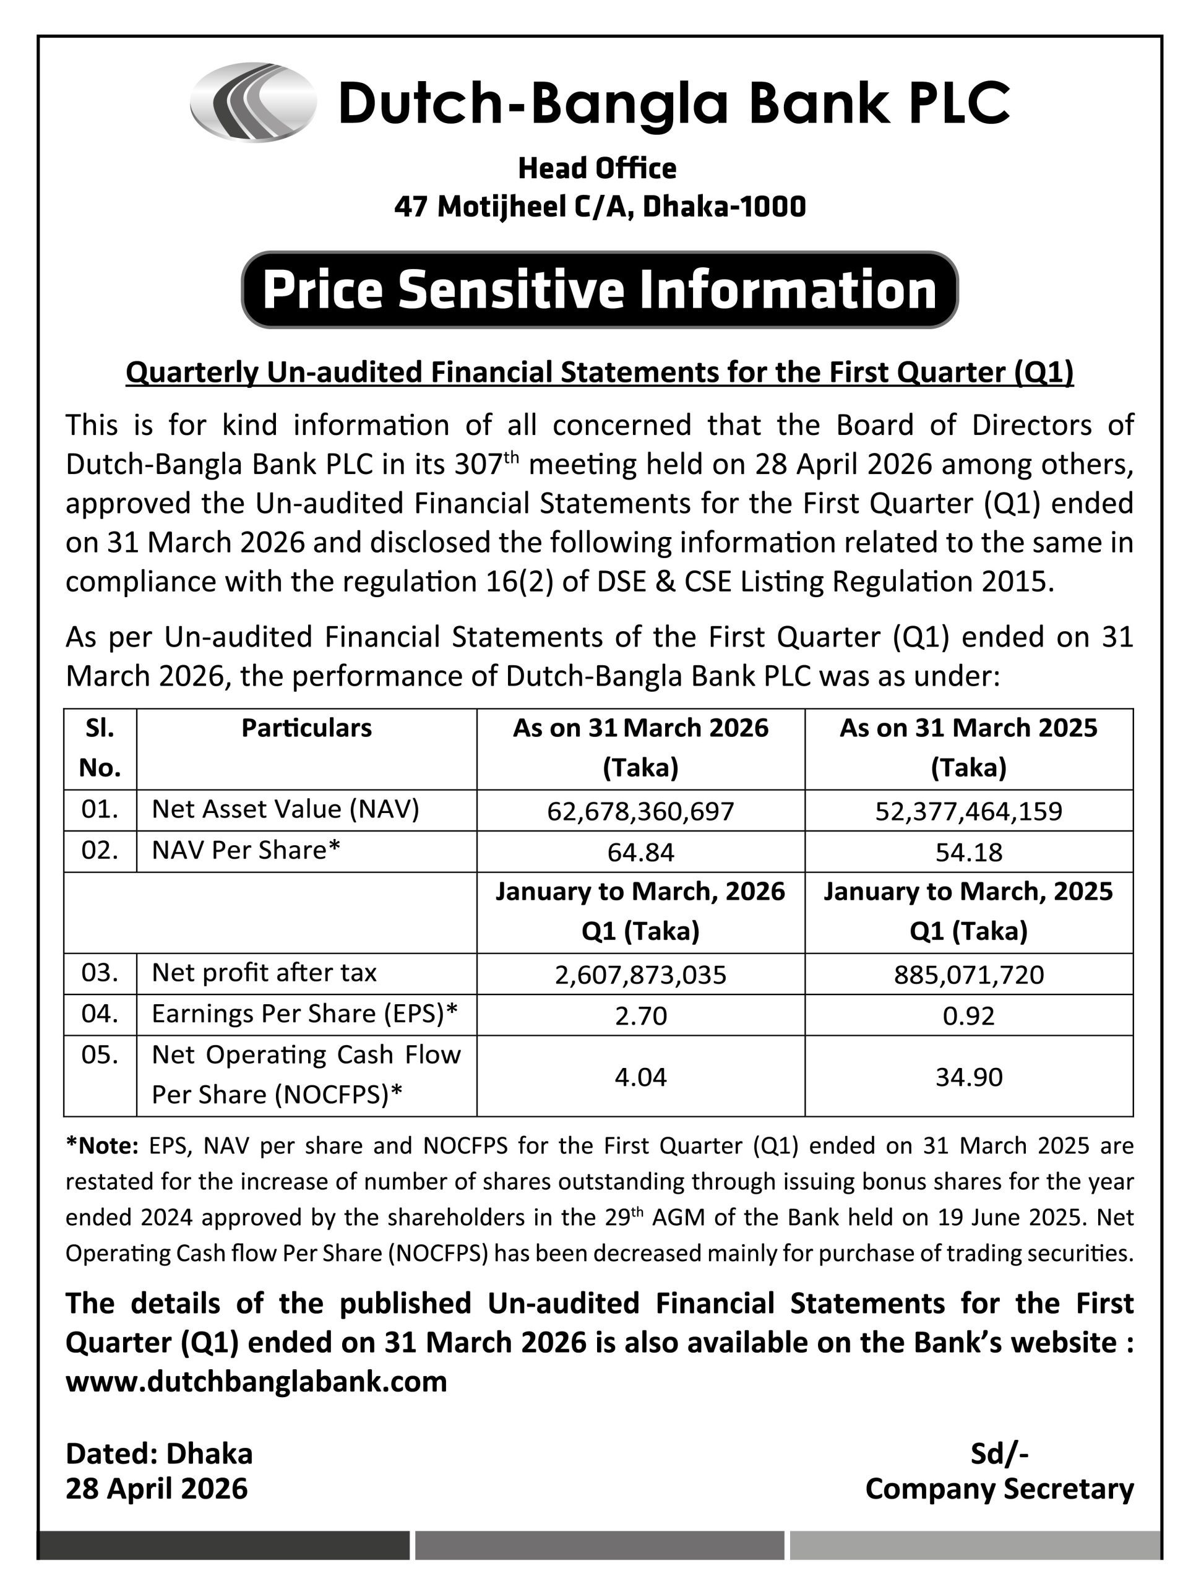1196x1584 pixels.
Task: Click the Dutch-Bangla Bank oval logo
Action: [253, 102]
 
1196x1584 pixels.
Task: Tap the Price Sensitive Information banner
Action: [600, 290]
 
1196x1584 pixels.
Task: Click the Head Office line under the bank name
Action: [596, 169]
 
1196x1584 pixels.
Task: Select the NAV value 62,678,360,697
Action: [640, 811]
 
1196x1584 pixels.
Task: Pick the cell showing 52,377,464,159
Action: [968, 811]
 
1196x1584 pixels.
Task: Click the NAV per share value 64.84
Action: [640, 852]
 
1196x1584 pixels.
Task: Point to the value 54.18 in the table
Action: [968, 852]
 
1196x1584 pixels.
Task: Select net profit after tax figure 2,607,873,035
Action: [640, 975]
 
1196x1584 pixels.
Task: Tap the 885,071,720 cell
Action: [968, 975]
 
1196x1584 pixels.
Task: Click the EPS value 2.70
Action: [640, 1015]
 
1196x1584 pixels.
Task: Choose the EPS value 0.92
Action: [968, 1015]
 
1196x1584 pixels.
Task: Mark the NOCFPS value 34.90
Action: [968, 1077]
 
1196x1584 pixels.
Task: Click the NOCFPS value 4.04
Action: [640, 1077]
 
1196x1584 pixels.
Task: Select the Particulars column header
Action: [306, 728]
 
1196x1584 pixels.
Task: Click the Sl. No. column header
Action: [100, 747]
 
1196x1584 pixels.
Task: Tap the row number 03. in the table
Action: [100, 973]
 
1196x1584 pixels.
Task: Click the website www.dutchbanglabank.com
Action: [256, 1381]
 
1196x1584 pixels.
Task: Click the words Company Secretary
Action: [999, 1489]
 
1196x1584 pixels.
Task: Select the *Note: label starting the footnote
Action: [101, 1147]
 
